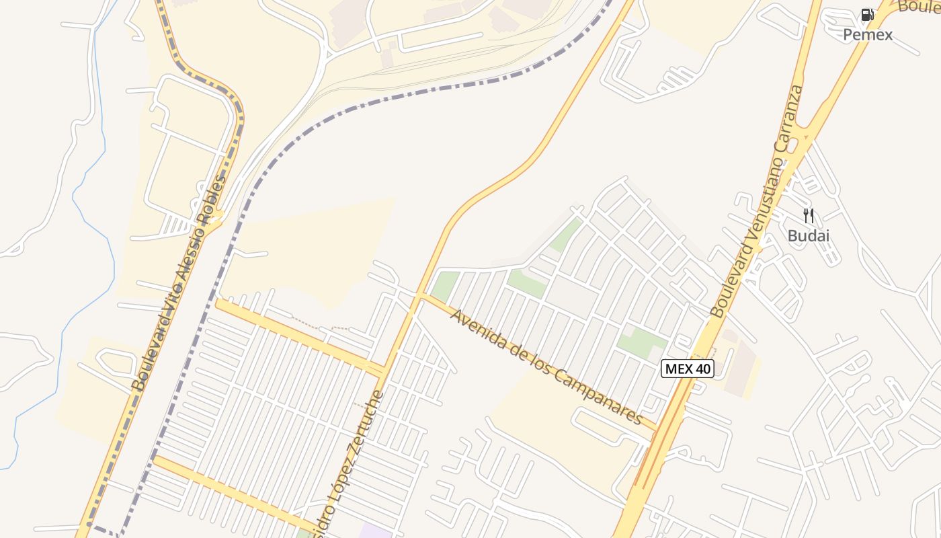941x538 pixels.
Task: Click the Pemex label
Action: coord(868,34)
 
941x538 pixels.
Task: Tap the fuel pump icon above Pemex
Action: coord(868,15)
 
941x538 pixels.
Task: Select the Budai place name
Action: coord(809,236)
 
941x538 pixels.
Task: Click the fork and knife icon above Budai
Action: coord(809,216)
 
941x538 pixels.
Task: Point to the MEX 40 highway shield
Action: coord(687,369)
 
